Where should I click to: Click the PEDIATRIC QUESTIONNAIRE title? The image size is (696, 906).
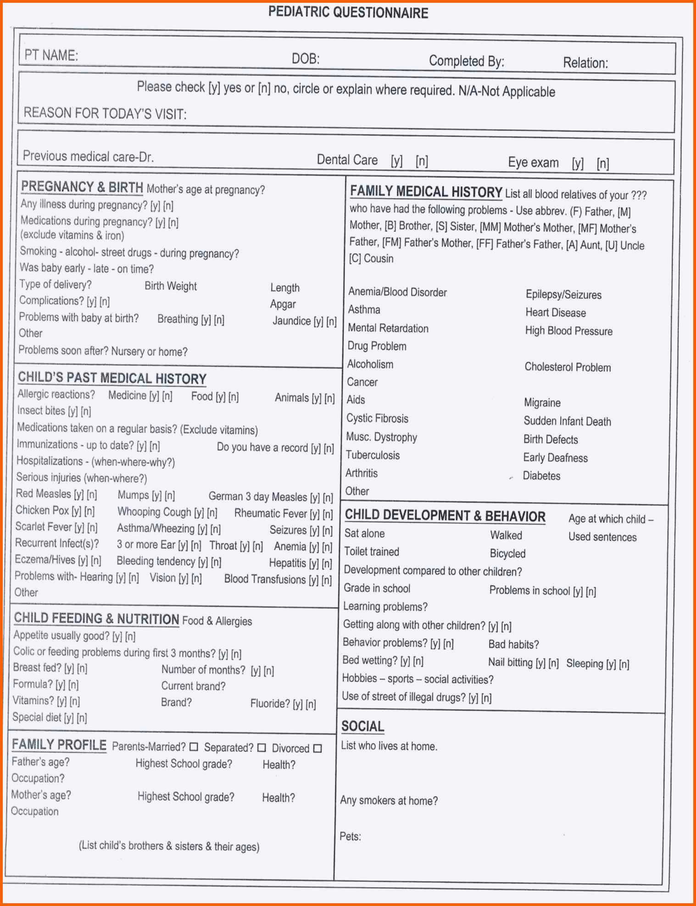(348, 12)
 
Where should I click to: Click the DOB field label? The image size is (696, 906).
(306, 59)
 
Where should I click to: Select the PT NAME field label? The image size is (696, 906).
(51, 55)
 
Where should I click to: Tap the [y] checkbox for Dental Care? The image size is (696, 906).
(396, 161)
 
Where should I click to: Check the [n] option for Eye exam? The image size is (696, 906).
(603, 164)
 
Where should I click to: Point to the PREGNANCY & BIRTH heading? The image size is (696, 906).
(82, 187)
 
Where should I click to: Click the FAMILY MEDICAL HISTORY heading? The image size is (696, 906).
(426, 192)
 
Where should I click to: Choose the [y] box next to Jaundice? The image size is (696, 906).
(318, 321)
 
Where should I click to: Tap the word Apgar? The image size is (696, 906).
(283, 304)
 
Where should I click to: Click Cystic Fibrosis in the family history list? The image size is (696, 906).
(377, 418)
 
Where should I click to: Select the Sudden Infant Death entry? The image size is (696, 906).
(567, 421)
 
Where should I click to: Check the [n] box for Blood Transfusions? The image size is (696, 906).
(327, 580)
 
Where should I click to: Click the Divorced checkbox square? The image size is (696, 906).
(317, 748)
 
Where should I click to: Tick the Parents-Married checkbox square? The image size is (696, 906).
(194, 747)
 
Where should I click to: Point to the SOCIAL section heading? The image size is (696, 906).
(362, 726)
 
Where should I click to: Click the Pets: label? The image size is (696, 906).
(350, 836)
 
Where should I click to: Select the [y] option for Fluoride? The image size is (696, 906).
(298, 704)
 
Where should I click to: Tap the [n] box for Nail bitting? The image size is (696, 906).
(554, 663)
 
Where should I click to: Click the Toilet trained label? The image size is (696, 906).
(372, 552)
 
